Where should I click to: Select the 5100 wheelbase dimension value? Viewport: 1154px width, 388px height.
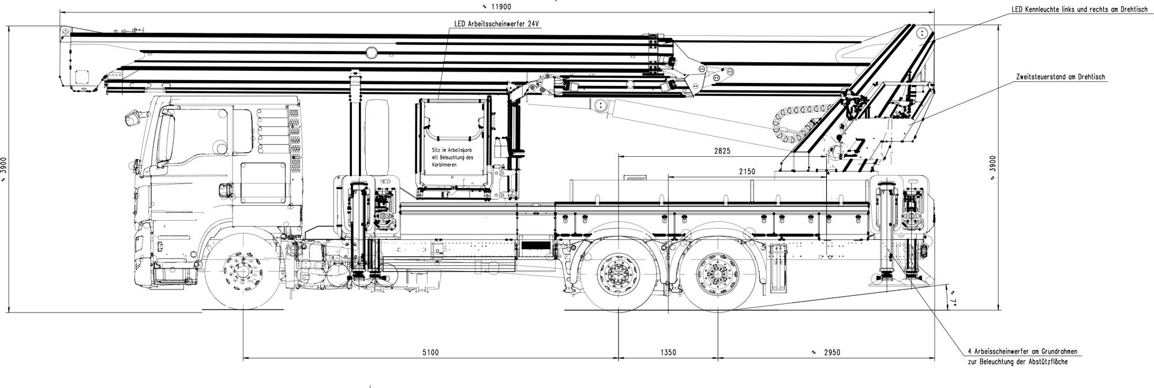coord(430,352)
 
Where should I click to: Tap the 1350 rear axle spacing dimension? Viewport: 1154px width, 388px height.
coord(667,352)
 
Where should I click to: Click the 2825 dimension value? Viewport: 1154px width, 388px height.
coord(722,151)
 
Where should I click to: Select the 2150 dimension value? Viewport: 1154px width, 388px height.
coord(747,172)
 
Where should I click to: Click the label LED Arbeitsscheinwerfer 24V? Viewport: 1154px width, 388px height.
coord(496,25)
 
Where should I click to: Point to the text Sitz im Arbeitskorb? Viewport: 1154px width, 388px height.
coord(452,150)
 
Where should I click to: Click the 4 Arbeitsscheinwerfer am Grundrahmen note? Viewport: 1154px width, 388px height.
coord(1022,351)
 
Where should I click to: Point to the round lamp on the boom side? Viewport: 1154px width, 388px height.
coord(371,52)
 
